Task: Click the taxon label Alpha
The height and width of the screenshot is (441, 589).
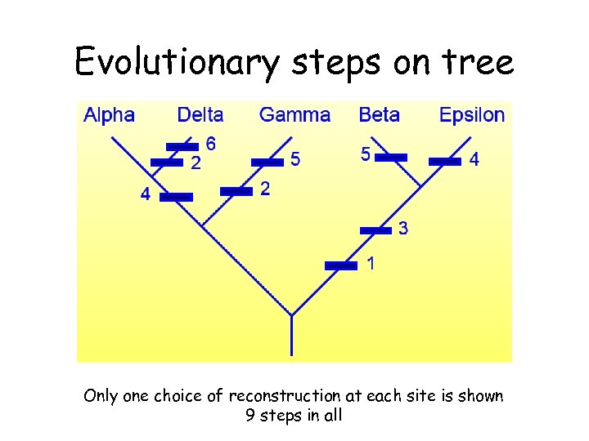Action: point(109,115)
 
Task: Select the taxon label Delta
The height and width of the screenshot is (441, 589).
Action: point(200,115)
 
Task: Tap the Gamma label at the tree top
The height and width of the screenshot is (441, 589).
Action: point(294,115)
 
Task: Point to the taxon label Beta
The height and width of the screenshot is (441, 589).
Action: point(379,115)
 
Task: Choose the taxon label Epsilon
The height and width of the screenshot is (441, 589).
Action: point(472,115)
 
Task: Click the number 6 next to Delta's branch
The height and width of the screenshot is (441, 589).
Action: point(210,144)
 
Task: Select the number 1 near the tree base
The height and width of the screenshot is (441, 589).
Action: point(371,264)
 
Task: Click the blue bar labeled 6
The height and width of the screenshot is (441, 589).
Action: point(182,147)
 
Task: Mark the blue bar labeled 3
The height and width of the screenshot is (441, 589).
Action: point(375,230)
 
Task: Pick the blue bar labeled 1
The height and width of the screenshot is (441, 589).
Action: point(341,265)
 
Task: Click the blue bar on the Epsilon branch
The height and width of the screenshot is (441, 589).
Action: point(445,162)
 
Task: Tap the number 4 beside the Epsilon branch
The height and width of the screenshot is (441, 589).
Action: point(474,161)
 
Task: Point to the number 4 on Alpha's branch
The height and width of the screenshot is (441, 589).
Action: point(145,195)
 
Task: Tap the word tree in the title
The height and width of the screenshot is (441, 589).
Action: point(481,62)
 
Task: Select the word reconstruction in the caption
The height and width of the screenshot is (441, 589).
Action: point(284,396)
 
